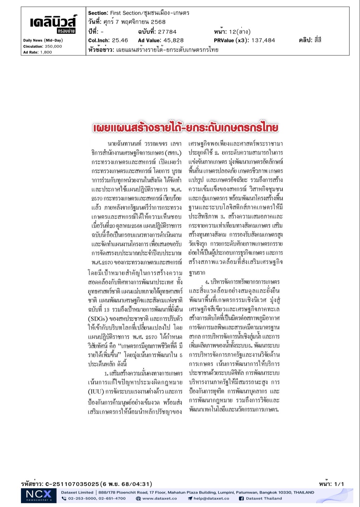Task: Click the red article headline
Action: [185, 128]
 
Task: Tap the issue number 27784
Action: [167, 32]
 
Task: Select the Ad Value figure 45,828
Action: [173, 40]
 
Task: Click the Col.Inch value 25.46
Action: [120, 40]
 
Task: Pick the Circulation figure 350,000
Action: [53, 46]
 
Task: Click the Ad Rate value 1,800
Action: [46, 52]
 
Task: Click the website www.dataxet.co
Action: [159, 498]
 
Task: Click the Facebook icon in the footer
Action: [241, 498]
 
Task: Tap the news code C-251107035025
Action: [72, 484]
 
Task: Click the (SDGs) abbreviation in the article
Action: [98, 318]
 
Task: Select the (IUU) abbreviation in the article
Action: [96, 391]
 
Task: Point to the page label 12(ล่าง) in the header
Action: [240, 32]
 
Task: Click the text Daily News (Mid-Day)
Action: [43, 40]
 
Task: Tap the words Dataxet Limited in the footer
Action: [77, 492]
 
